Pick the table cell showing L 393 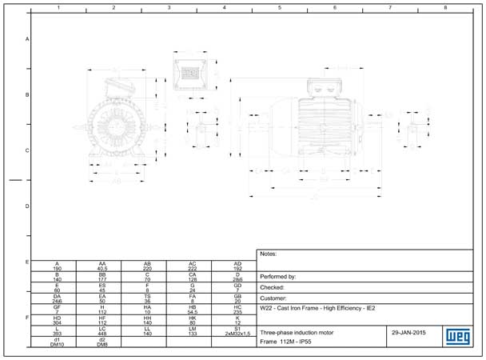click(x=57, y=330)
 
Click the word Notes click(x=269, y=254)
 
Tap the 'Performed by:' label click(x=278, y=276)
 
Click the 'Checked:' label click(x=273, y=286)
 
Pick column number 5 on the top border click(x=279, y=7)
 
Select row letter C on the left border click(x=27, y=150)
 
